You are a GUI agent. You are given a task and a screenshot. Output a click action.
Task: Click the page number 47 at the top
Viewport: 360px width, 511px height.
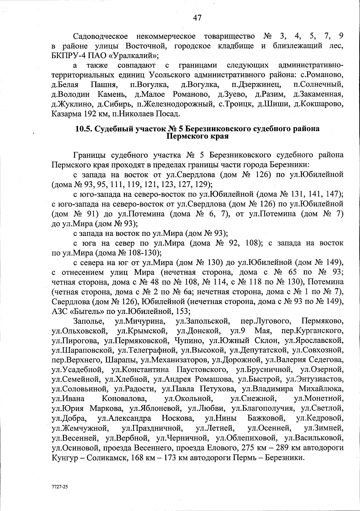[197, 18]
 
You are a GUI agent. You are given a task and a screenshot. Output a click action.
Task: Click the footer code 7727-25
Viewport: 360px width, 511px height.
[59, 487]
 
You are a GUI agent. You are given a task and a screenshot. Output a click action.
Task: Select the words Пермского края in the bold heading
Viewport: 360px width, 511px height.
[197, 137]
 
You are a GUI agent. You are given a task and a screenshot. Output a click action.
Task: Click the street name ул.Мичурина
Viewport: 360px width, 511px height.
[140, 321]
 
